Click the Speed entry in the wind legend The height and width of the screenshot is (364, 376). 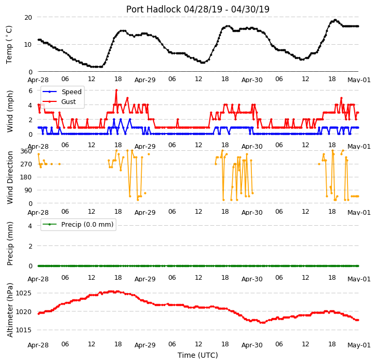[72, 92]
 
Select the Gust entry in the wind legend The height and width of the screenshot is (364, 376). [69, 101]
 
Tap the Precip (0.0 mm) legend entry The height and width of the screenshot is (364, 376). [87, 225]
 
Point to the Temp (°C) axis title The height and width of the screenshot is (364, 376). [9, 45]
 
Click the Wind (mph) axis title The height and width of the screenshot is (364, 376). [9, 111]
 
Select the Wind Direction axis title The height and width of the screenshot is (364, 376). [9, 178]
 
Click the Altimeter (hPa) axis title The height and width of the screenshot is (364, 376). [9, 310]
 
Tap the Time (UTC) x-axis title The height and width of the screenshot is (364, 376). [198, 355]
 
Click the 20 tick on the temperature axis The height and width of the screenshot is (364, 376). [28, 18]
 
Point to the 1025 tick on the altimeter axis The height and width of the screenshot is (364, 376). [23, 293]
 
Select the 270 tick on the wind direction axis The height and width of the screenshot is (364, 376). [26, 164]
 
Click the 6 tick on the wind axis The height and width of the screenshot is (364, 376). [31, 91]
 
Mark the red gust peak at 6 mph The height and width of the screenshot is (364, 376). [116, 90]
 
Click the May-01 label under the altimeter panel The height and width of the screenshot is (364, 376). [359, 345]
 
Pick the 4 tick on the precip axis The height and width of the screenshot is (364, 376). [30, 226]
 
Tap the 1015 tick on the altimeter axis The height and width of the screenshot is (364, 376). [23, 330]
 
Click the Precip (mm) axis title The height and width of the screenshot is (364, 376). [9, 243]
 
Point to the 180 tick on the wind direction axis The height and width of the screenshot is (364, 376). [26, 177]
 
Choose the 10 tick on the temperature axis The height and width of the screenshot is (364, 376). [28, 45]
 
